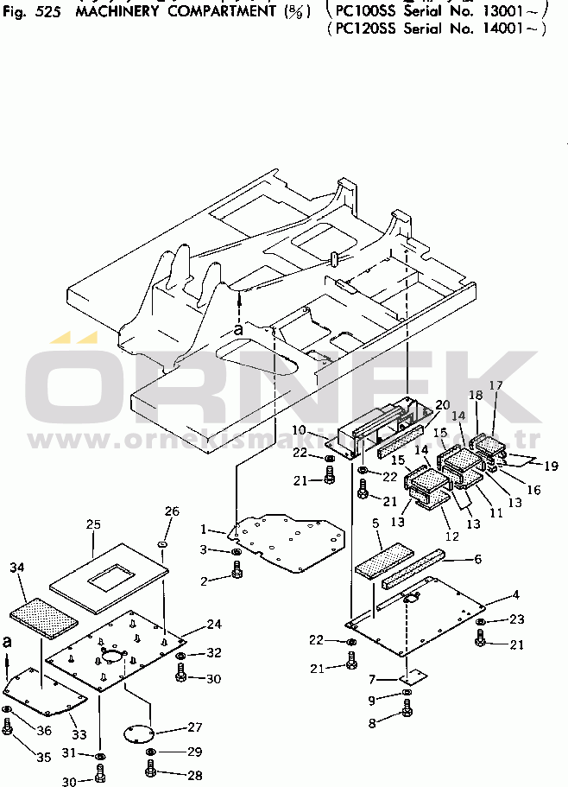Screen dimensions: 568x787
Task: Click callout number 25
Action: (x=94, y=524)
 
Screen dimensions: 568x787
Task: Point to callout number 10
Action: (x=299, y=429)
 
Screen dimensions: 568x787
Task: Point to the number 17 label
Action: (x=496, y=385)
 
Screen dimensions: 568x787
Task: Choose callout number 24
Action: (x=214, y=624)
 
